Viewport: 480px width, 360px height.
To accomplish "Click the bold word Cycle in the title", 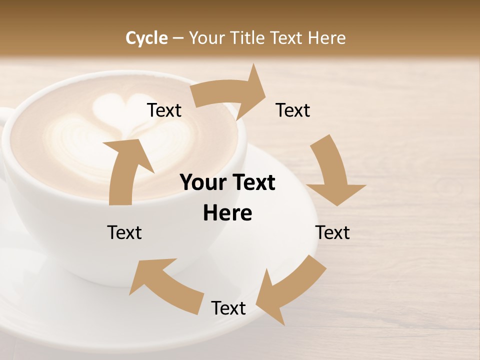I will click(x=146, y=38).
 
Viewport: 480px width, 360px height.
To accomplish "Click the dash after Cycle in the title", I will click(x=178, y=38).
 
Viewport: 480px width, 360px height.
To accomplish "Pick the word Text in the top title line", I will click(x=288, y=38).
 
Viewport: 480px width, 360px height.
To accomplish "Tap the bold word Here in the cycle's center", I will click(x=227, y=213).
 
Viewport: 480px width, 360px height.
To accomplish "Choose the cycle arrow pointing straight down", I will click(x=332, y=172).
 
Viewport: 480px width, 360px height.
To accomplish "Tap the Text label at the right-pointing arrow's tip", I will click(x=293, y=110).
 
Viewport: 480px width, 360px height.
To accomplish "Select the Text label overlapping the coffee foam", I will click(x=164, y=110).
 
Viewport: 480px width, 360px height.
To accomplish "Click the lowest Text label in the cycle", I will click(x=228, y=308).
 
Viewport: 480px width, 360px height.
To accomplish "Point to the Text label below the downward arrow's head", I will click(x=332, y=232).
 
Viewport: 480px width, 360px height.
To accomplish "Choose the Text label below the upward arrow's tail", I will click(x=124, y=232).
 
